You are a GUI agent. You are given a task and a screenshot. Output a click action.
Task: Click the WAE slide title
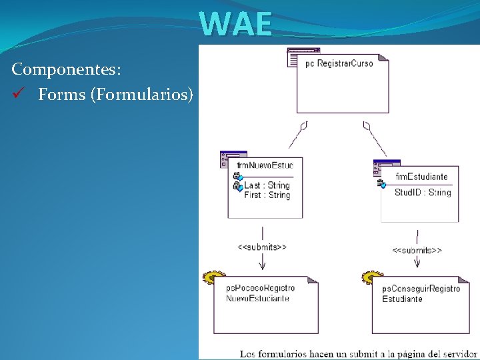tap(236, 24)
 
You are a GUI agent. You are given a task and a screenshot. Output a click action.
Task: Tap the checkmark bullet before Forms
tap(17, 95)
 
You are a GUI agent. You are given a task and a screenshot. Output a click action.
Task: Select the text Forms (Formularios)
tap(115, 95)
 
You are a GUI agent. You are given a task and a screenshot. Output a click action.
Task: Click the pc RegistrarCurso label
tap(339, 63)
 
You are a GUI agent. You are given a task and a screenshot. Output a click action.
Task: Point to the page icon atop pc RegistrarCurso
tap(303, 57)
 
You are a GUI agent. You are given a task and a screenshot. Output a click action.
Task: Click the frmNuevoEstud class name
tap(265, 165)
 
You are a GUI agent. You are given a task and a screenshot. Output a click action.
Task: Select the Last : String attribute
tap(267, 185)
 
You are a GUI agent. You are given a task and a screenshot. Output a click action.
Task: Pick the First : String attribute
tap(267, 195)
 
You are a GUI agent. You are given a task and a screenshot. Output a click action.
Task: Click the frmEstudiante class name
tap(421, 177)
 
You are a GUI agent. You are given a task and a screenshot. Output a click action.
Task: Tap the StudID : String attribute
tap(422, 193)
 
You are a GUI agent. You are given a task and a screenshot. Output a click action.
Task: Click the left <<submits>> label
tap(262, 247)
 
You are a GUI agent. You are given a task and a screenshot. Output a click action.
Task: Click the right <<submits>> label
tap(417, 251)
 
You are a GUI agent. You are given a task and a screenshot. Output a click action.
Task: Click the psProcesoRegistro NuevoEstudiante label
tap(259, 293)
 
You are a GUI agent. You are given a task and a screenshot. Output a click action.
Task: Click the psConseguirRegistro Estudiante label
tap(420, 293)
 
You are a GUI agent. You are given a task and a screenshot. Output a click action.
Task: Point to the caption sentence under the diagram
tap(358, 353)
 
